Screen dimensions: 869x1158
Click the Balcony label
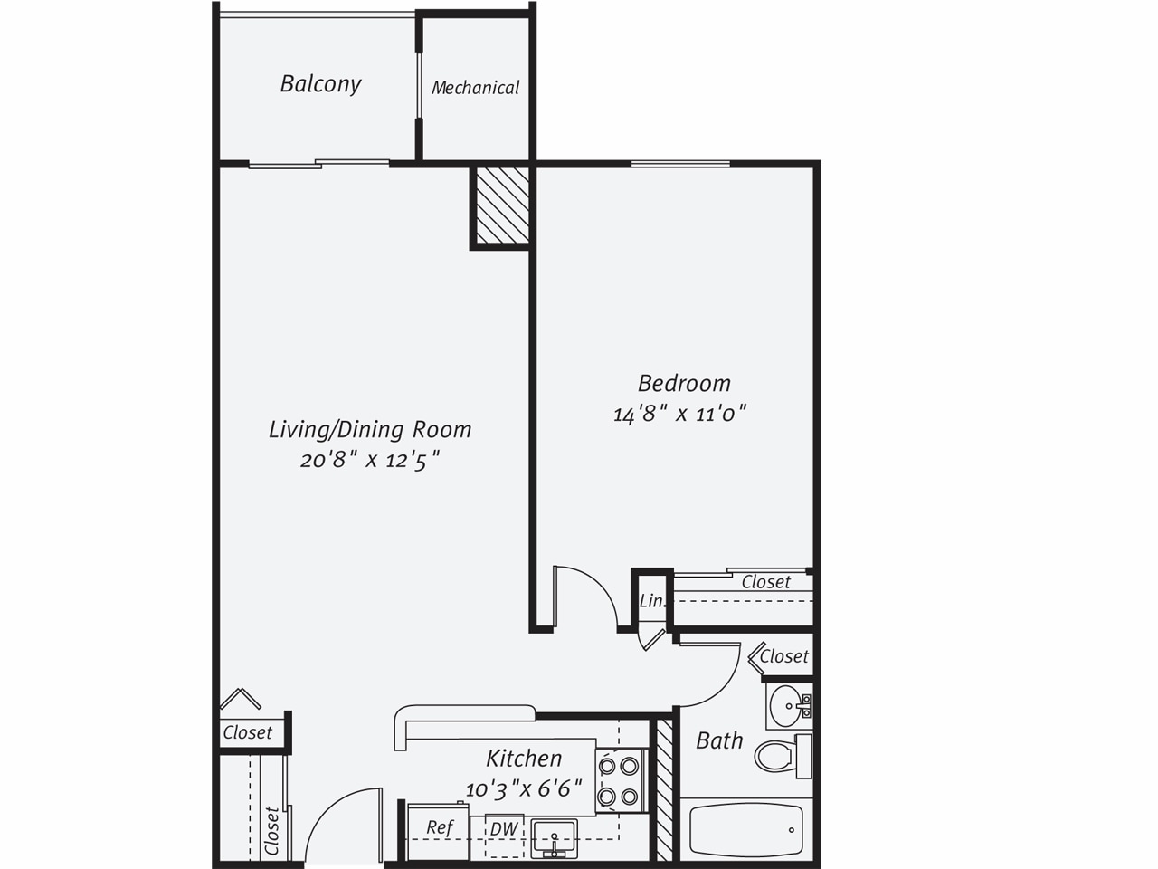pyautogui.click(x=320, y=84)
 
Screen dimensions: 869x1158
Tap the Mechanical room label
pyautogui.click(x=475, y=88)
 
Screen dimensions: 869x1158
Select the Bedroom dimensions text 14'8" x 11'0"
pyautogui.click(x=679, y=415)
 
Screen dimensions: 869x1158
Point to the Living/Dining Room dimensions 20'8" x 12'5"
pyautogui.click(x=370, y=460)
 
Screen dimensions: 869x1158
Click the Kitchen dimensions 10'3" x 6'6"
pyautogui.click(x=524, y=788)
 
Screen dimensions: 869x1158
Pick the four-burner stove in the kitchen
pyautogui.click(x=619, y=781)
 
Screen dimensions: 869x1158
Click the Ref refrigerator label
pyautogui.click(x=439, y=827)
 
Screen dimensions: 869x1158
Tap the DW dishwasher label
pyautogui.click(x=504, y=828)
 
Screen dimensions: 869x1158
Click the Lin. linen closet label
pyautogui.click(x=651, y=601)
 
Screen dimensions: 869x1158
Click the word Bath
pyautogui.click(x=719, y=740)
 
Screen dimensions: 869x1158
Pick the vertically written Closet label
pyautogui.click(x=271, y=830)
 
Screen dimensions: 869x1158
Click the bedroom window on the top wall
pyautogui.click(x=680, y=164)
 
